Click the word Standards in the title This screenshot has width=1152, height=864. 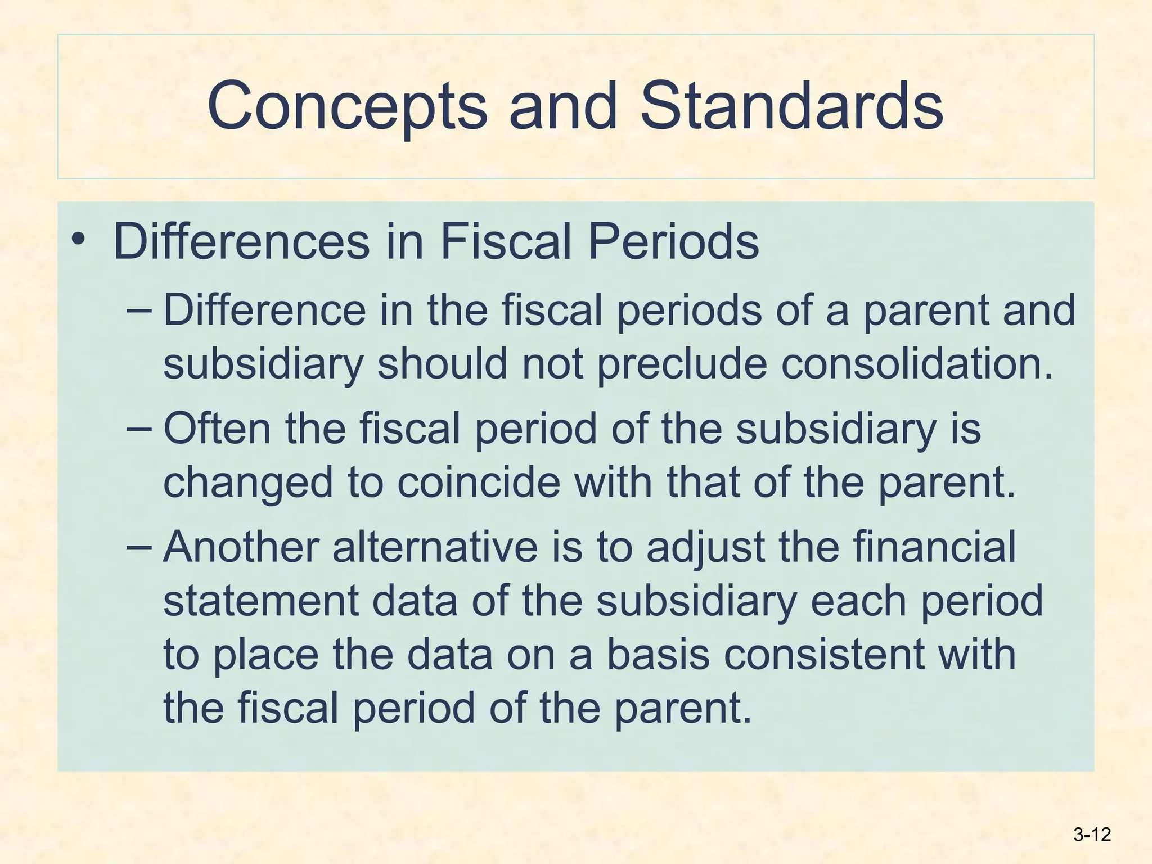pyautogui.click(x=791, y=106)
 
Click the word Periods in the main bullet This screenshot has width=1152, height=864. pyautogui.click(x=673, y=242)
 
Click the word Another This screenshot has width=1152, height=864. pyautogui.click(x=241, y=547)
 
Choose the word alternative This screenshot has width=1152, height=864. pyautogui.click(x=435, y=547)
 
